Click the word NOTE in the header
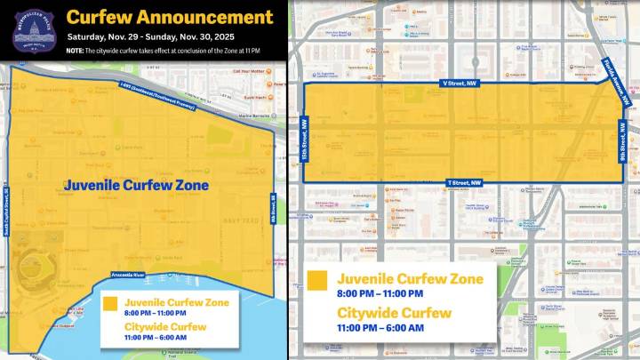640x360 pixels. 76,51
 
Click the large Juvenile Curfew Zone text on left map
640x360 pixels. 136,185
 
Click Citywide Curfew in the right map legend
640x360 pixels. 395,313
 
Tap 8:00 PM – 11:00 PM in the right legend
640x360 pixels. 380,293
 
